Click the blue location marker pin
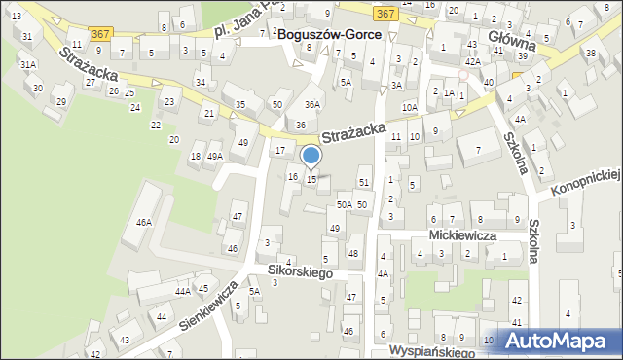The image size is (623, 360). point(311,156)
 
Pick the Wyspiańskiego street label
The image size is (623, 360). point(431,348)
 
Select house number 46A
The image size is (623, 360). point(144,222)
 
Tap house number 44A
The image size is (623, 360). point(182,291)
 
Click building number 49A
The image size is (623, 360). point(214,156)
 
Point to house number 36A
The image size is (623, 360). point(311,104)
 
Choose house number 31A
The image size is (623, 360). point(29,64)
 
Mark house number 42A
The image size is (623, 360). point(471,60)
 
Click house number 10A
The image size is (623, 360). point(410,108)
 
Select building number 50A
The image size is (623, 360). point(344,204)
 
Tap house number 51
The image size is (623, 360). point(364,182)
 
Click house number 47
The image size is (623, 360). point(237,215)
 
